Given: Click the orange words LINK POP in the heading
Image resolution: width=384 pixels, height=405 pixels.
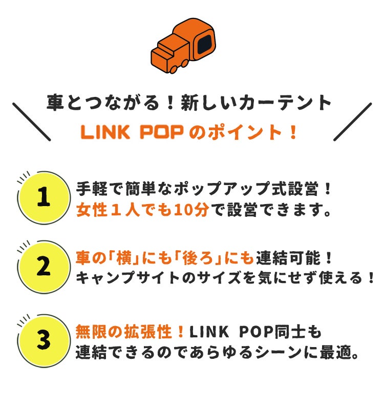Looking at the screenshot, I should tap(132, 133).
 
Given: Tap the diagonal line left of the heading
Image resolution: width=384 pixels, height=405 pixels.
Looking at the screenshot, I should tap(31, 122).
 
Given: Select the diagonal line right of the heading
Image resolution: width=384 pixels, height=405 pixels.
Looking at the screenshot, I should tap(352, 122).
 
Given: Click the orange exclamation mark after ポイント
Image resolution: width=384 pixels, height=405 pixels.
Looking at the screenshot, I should tap(293, 133).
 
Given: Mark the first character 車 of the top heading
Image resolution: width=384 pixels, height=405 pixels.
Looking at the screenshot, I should tap(55, 103).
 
